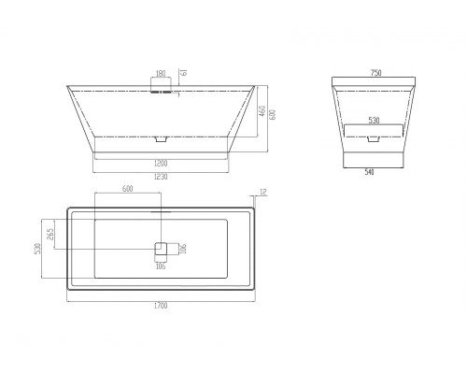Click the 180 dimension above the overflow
pyautogui.click(x=160, y=74)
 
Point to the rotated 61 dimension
pyautogui.click(x=183, y=73)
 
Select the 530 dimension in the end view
pyautogui.click(x=374, y=121)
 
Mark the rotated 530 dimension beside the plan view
pyautogui.click(x=36, y=249)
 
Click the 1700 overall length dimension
pyautogui.click(x=162, y=306)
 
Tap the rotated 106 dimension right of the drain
pyautogui.click(x=184, y=249)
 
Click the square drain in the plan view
pyautogui.click(x=161, y=249)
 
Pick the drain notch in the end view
pyautogui.click(x=374, y=138)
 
